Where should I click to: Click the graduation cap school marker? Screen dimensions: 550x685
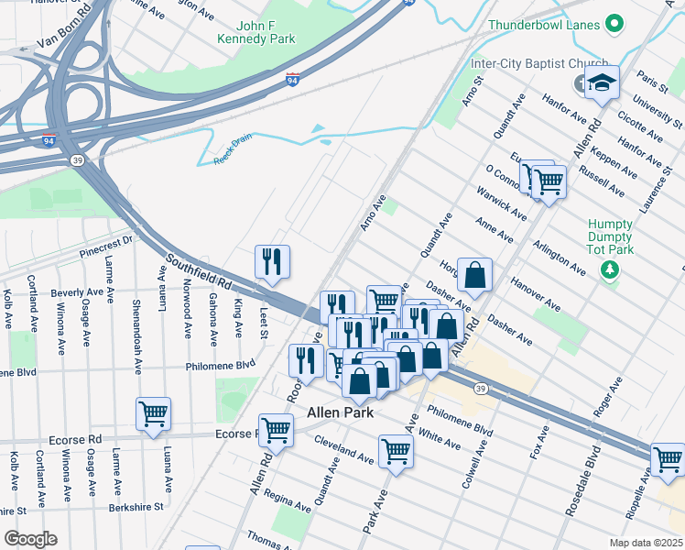[602, 83]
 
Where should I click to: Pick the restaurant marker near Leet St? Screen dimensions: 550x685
[272, 261]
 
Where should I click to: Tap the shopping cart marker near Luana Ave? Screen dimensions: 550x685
[154, 413]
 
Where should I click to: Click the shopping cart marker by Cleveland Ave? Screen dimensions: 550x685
[396, 451]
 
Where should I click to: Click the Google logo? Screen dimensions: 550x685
[30, 539]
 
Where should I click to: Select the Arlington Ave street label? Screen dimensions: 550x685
[560, 258]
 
